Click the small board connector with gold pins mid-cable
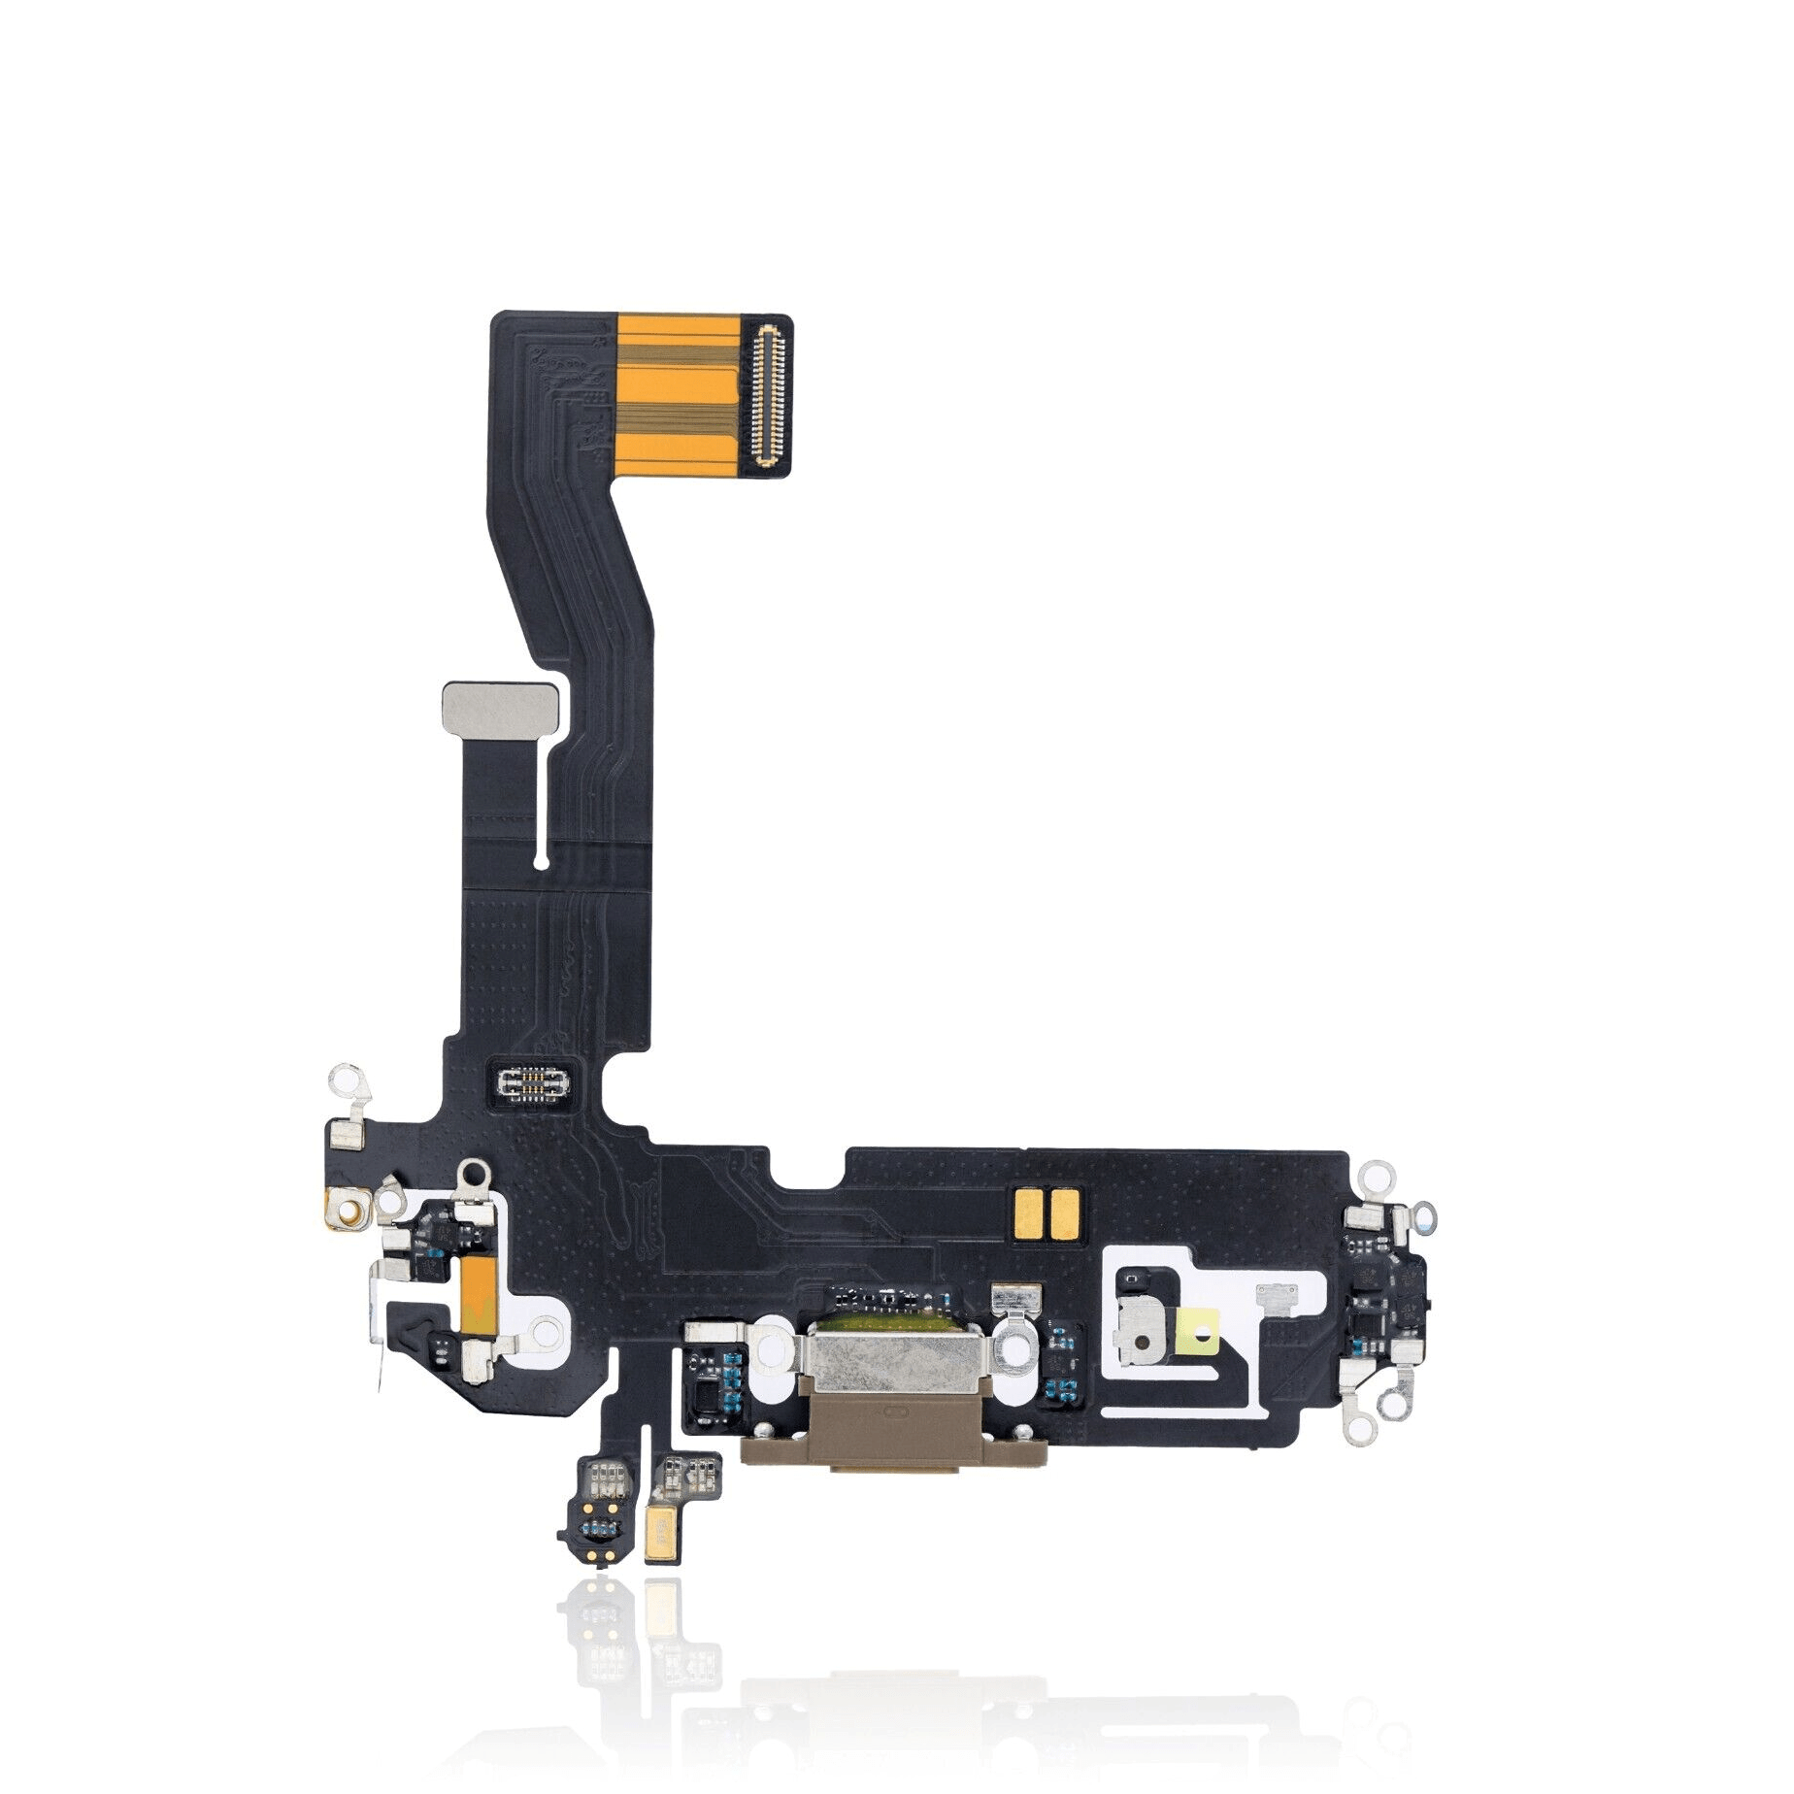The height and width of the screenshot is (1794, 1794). click(532, 1080)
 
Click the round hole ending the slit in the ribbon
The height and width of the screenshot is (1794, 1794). click(542, 858)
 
